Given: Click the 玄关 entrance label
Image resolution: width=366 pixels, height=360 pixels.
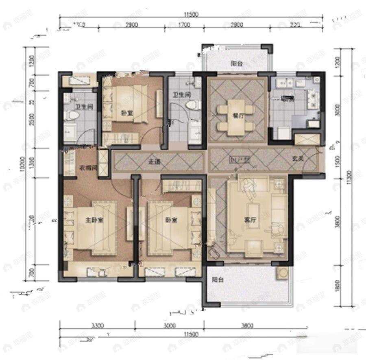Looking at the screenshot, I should (x=298, y=160).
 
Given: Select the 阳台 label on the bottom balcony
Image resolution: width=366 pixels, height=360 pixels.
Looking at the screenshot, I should (x=217, y=280).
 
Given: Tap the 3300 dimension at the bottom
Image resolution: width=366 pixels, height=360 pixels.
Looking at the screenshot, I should (x=98, y=325).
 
